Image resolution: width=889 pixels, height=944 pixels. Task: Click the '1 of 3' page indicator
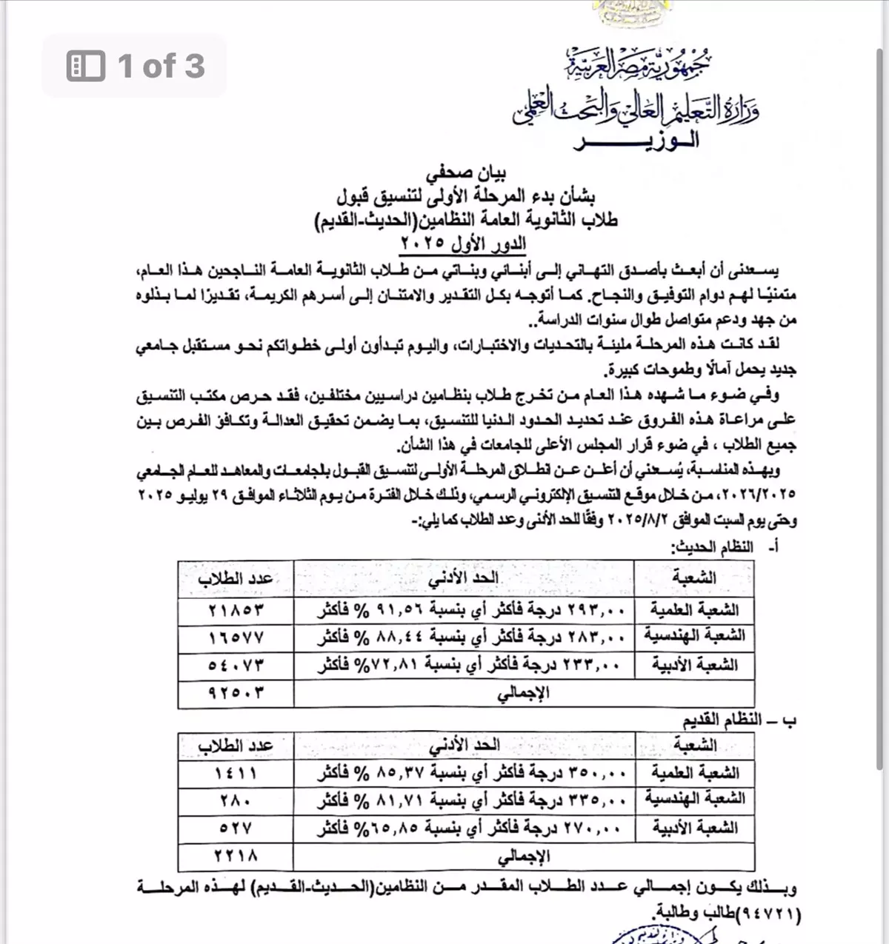tap(136, 66)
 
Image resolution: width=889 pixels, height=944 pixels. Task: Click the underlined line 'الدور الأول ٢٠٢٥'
tap(463, 243)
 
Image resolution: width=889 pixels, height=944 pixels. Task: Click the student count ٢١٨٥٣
tap(236, 610)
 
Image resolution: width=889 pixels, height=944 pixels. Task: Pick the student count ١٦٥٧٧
tap(236, 637)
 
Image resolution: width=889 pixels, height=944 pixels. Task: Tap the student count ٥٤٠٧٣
tap(236, 665)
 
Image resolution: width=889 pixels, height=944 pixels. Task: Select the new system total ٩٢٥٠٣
tap(236, 693)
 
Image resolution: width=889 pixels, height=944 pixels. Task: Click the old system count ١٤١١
tap(236, 773)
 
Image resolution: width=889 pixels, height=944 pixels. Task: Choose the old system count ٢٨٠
tap(236, 800)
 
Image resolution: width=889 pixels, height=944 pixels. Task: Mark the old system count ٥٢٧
tap(236, 828)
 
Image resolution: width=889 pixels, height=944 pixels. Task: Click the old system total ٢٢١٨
tap(236, 856)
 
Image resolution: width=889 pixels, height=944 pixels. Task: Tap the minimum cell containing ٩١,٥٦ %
tap(464, 610)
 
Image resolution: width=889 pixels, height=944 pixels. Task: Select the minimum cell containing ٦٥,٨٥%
tap(464, 828)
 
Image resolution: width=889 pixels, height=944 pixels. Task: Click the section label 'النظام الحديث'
tap(713, 547)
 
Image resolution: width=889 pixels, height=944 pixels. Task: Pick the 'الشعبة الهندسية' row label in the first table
tap(694, 637)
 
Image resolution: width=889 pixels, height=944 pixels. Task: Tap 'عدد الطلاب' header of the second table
tap(236, 746)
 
